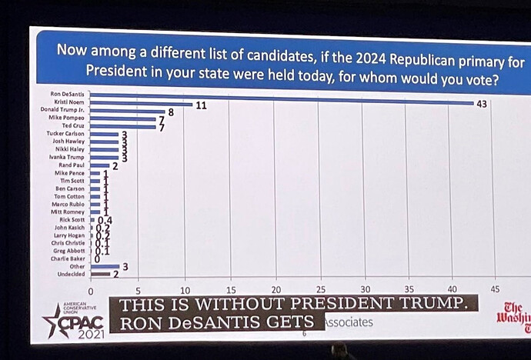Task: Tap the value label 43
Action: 482,104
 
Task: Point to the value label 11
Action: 201,105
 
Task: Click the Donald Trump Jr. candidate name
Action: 67,110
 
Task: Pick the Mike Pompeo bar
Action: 122,118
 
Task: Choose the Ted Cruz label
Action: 74,125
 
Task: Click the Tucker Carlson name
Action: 66,134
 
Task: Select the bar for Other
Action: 105,266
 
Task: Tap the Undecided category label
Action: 72,274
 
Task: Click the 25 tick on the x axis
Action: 321,291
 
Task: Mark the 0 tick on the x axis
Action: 91,292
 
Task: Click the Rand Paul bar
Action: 100,165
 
